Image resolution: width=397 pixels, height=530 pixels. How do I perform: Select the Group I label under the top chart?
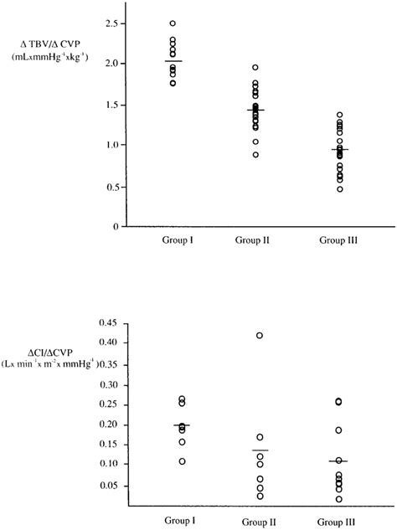pos(173,240)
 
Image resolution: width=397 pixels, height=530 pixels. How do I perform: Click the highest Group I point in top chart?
pos(173,23)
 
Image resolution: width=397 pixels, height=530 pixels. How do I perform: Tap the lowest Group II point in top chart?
pos(255,155)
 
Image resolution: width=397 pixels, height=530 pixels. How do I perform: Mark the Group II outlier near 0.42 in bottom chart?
pos(260,335)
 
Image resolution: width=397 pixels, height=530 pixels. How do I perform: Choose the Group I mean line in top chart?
pos(173,61)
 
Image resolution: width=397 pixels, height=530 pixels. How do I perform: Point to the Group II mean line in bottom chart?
pos(260,450)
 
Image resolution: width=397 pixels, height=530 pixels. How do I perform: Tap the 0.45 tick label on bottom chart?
pos(109,322)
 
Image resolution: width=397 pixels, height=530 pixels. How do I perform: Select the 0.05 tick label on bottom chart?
pos(109,483)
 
